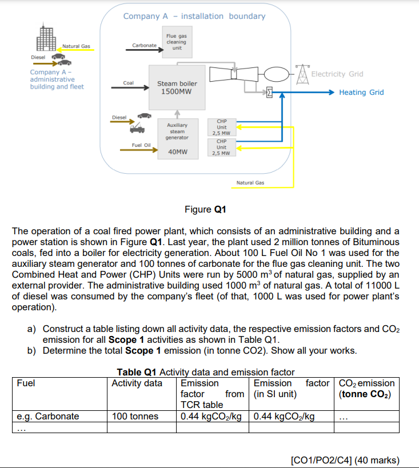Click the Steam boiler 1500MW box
coord(177,87)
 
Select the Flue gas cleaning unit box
coord(177,41)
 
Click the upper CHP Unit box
coord(222,127)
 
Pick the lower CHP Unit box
coord(222,147)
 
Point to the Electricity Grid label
coord(337,74)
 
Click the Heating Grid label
coord(361,92)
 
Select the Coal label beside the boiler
coord(128,83)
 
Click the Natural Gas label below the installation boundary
coord(250,183)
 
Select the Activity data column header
coord(137,383)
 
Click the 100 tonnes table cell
coord(135,416)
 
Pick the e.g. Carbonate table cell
coord(48,416)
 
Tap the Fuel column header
coord(26,383)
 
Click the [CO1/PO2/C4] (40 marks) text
coord(345,459)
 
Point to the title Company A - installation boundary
coord(194,16)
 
